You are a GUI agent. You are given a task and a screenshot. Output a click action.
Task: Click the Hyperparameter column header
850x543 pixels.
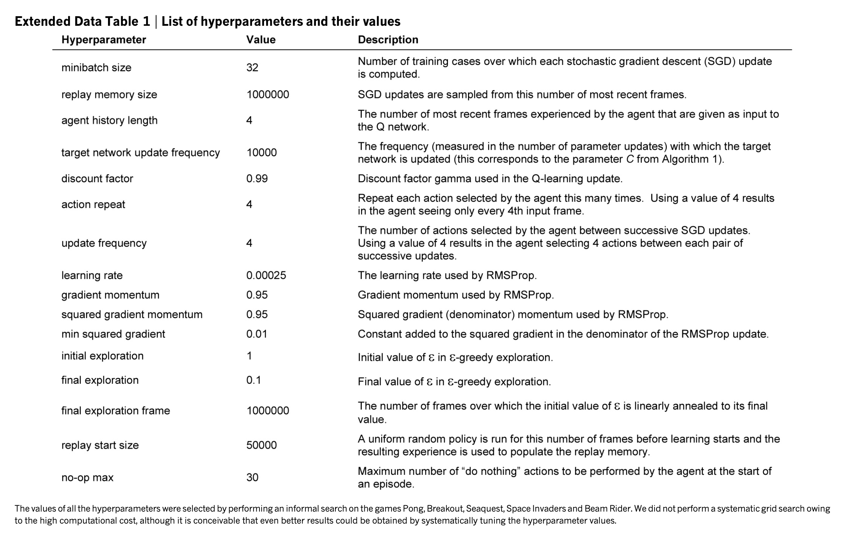pos(103,40)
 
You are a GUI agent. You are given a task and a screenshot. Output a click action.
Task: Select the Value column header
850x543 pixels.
pos(261,40)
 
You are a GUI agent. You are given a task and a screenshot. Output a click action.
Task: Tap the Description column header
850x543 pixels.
pos(388,40)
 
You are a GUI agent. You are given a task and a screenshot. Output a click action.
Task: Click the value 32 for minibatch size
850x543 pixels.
pos(252,67)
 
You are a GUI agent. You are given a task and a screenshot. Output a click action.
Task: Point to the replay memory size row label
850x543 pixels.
pos(109,95)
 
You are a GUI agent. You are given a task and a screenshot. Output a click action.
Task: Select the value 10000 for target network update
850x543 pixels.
pos(261,153)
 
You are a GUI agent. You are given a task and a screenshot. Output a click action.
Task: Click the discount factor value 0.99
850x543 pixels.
pos(257,179)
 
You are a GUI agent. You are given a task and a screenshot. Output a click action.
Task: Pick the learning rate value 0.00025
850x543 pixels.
pos(266,275)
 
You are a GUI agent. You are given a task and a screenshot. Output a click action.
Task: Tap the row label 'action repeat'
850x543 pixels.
pos(93,204)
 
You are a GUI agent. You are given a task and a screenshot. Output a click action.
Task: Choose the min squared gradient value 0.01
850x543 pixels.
pos(257,334)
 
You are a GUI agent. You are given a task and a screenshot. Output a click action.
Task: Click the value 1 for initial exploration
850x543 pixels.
pos(249,356)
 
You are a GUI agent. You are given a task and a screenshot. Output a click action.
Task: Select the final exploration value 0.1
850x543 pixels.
pos(253,380)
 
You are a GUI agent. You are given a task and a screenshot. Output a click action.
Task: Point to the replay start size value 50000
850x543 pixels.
pos(261,445)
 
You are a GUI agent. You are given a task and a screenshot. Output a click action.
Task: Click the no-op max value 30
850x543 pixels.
pos(252,477)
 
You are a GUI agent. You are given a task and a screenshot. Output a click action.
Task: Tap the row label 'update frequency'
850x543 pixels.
pos(104,243)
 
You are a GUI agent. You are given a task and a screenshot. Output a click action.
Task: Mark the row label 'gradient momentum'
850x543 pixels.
pos(110,295)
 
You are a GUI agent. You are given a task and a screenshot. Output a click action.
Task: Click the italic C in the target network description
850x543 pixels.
pos(629,159)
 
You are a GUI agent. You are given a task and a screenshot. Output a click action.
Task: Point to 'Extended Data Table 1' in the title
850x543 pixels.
pos(82,22)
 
